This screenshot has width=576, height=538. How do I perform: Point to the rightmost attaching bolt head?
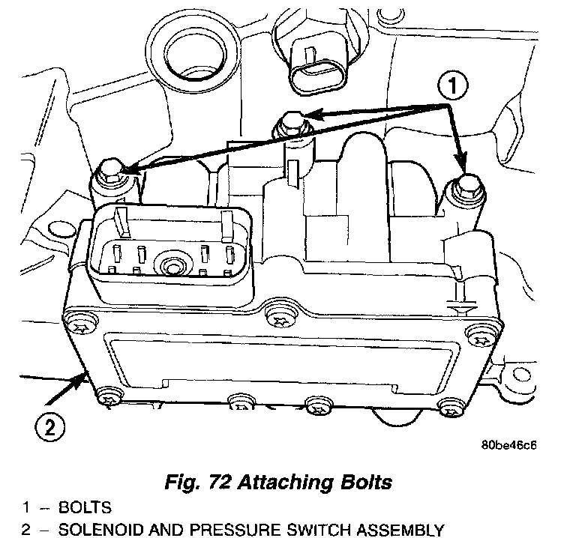pos(465,184)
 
